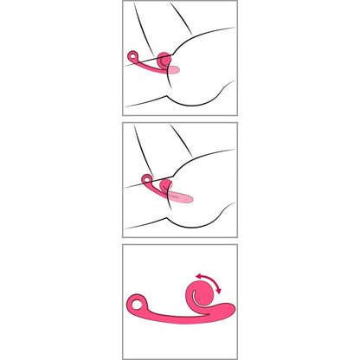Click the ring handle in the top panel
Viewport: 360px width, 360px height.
click(132, 57)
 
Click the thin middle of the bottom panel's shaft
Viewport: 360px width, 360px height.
click(169, 313)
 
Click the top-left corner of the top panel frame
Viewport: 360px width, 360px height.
click(123, 2)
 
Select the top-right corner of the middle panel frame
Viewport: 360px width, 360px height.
click(236, 123)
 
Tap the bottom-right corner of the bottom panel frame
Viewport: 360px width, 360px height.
click(236, 357)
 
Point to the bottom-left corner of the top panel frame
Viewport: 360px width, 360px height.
click(123, 115)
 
